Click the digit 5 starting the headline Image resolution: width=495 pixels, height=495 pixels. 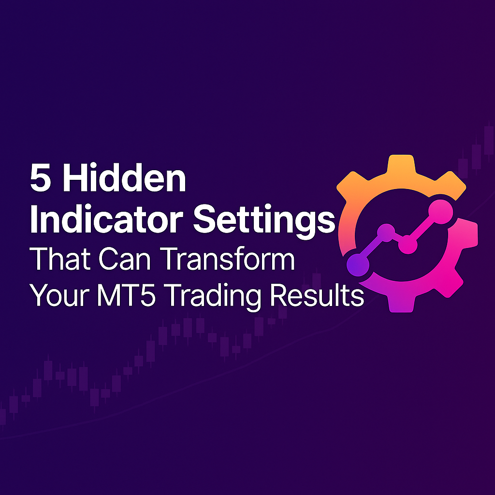[x=41, y=178]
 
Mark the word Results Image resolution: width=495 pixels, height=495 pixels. [x=317, y=295]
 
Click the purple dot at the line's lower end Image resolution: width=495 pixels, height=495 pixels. [x=358, y=265]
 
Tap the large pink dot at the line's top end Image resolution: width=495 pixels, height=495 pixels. [x=441, y=212]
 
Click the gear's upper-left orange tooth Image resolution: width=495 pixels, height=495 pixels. [x=350, y=184]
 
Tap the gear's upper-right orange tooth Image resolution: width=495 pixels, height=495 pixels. [x=452, y=184]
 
